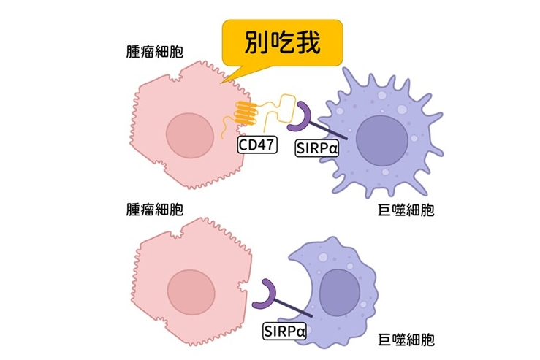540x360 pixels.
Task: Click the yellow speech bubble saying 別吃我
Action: (282, 42)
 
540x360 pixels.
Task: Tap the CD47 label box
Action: (257, 145)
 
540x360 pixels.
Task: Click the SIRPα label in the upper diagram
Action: (317, 148)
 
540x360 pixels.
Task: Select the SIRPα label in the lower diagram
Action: (284, 331)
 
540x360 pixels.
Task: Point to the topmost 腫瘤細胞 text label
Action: (155, 52)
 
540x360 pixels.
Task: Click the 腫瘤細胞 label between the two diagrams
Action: (155, 210)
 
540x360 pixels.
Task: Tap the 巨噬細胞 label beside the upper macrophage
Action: (406, 210)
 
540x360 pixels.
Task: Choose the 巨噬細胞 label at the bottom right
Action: (406, 340)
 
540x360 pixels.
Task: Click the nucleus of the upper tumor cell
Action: (190, 136)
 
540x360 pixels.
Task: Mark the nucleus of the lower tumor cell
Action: (191, 292)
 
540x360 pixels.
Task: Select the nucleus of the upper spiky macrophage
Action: (382, 140)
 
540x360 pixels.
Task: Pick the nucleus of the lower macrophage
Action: (341, 293)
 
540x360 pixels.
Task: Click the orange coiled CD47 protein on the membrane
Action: (246, 113)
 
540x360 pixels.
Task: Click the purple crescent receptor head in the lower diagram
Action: (265, 295)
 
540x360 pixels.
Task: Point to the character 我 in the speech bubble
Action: (308, 42)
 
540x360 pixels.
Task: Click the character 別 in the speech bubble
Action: (256, 42)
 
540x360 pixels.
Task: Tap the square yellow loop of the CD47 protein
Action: (286, 108)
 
